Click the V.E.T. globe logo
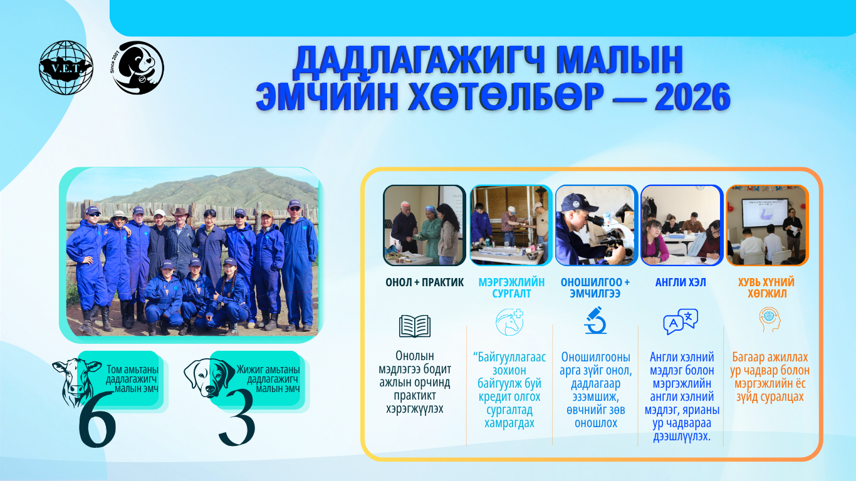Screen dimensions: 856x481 66,68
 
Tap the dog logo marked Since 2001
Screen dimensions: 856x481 138,68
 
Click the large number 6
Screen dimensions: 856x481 97,420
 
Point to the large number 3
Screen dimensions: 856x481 237,418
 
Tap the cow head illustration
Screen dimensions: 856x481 76,380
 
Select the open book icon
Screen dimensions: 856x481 415,326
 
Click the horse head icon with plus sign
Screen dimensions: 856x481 509,322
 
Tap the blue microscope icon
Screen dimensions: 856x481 595,320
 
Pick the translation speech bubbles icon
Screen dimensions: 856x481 681,321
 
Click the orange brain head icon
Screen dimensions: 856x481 770,319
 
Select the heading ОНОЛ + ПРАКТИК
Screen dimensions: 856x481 424,282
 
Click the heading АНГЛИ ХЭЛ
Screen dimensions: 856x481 681,282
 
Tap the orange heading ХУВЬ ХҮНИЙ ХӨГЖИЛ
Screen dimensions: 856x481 766,288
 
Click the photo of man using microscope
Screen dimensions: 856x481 596,225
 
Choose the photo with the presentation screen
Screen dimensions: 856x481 768,225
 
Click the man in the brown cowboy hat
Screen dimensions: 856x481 180,244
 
